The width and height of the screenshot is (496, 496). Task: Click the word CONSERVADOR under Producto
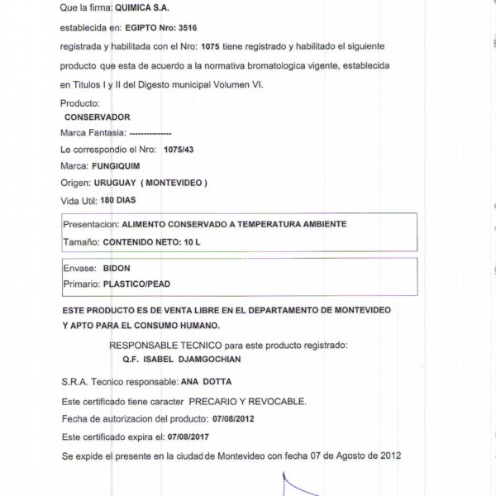(103, 117)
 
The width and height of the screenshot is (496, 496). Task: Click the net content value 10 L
(190, 241)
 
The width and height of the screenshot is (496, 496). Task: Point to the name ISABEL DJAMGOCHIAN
(191, 360)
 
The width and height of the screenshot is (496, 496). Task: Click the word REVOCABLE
(279, 401)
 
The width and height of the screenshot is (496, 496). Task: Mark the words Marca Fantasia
(93, 133)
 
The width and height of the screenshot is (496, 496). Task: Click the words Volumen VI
(241, 85)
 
